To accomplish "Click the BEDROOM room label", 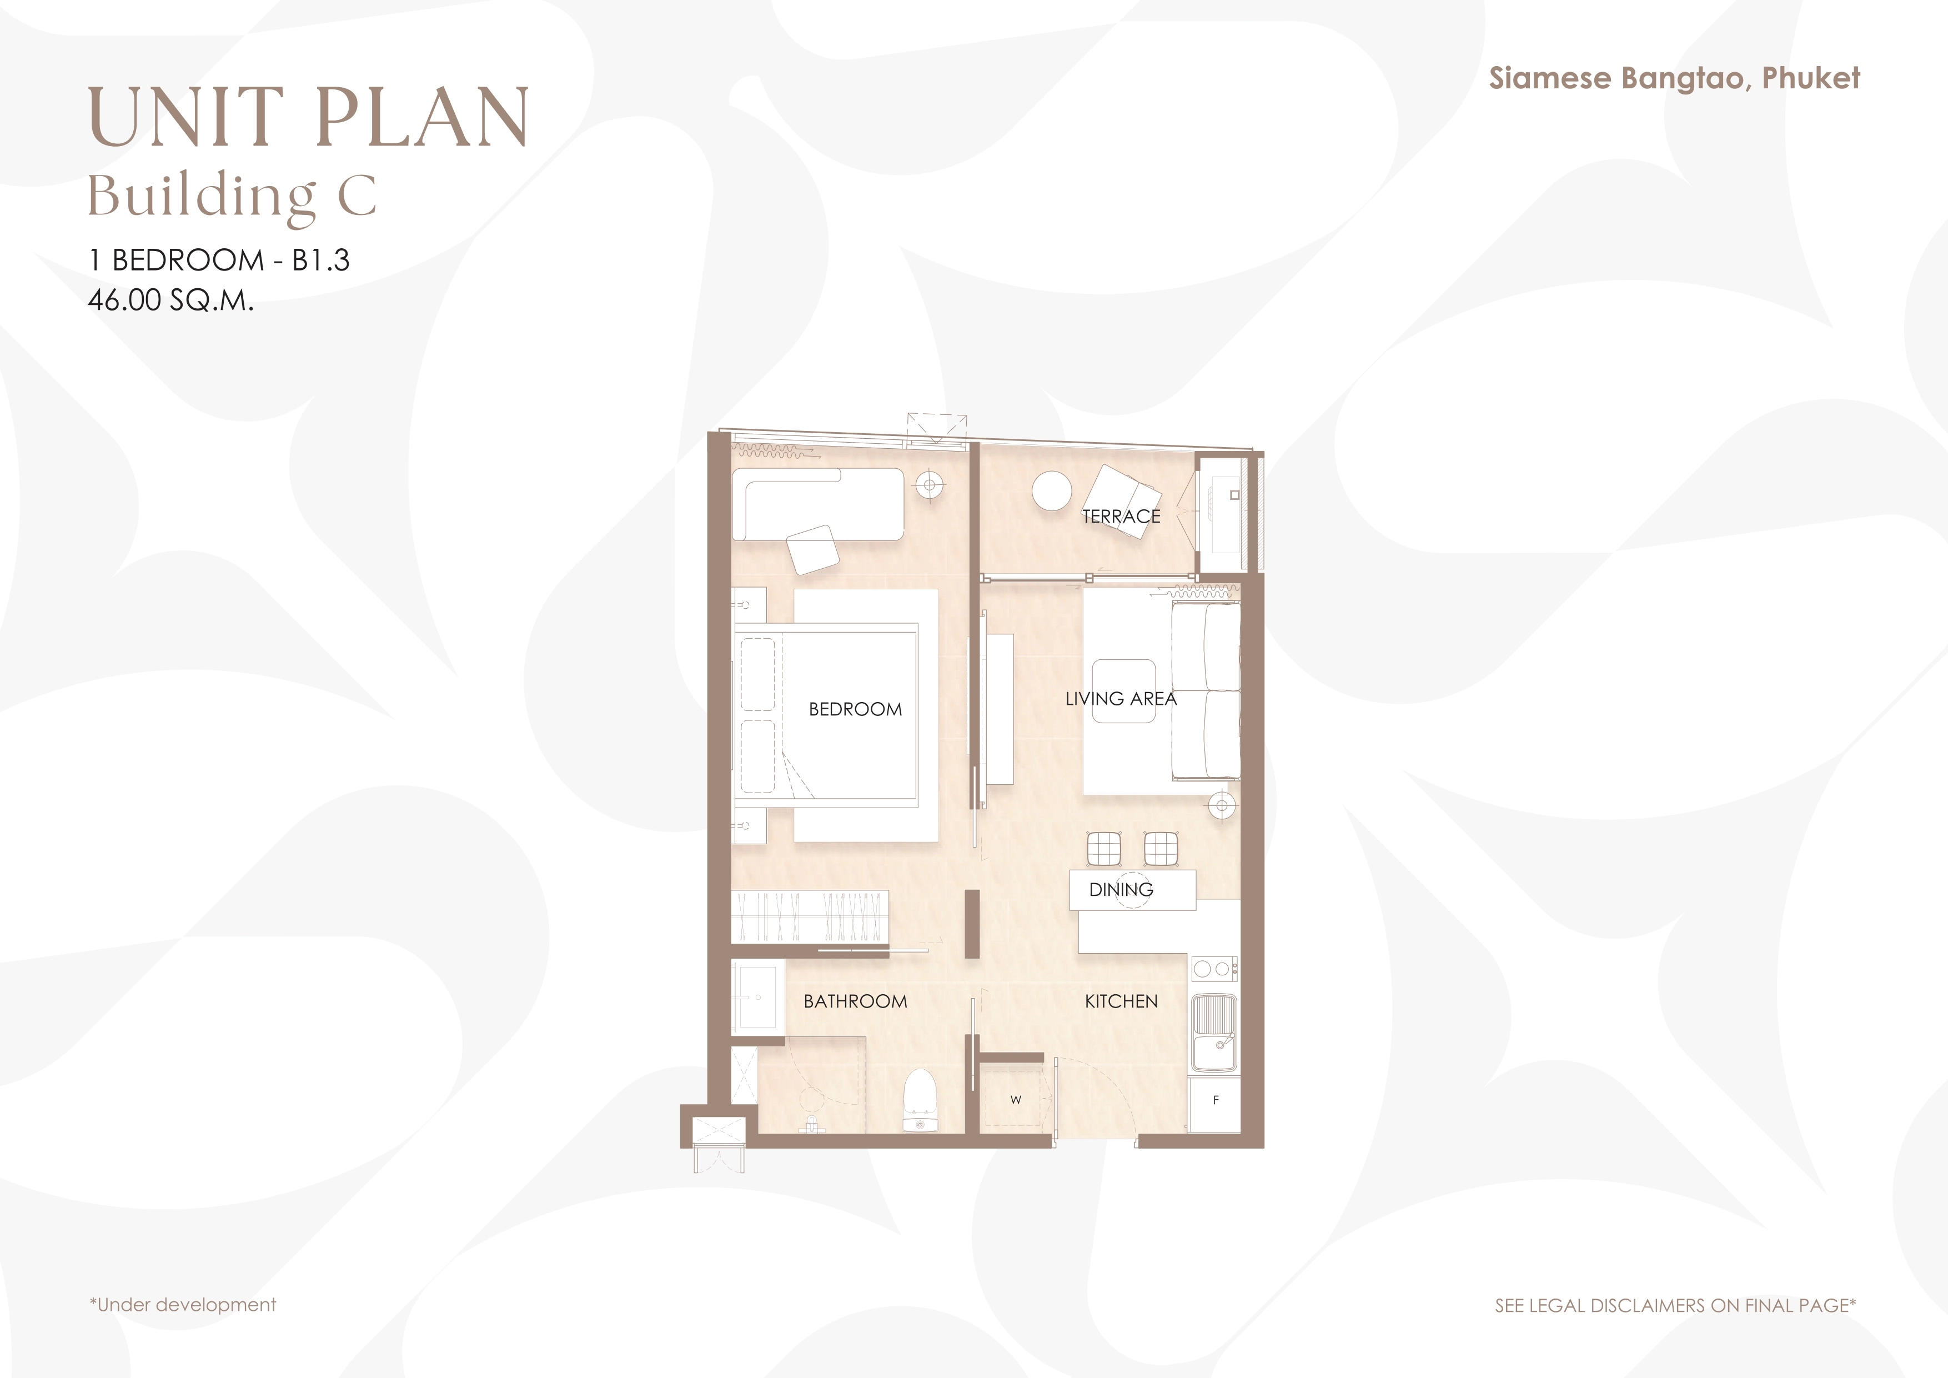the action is pos(855,709).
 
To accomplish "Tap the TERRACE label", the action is pos(1121,516).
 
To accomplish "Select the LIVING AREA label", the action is pos(1121,698).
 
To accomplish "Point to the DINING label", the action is pos(1121,889).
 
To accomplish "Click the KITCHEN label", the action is pos(1121,1001).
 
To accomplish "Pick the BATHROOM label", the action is pos(855,1001).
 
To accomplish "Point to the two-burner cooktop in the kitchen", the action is pos(1214,968).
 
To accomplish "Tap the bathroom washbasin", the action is pos(757,996).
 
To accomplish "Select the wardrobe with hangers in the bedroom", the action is pos(810,917).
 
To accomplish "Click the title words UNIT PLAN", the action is pos(309,117).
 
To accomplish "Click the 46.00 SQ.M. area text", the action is pos(170,300).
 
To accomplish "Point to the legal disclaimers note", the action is pos(1675,1305).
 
